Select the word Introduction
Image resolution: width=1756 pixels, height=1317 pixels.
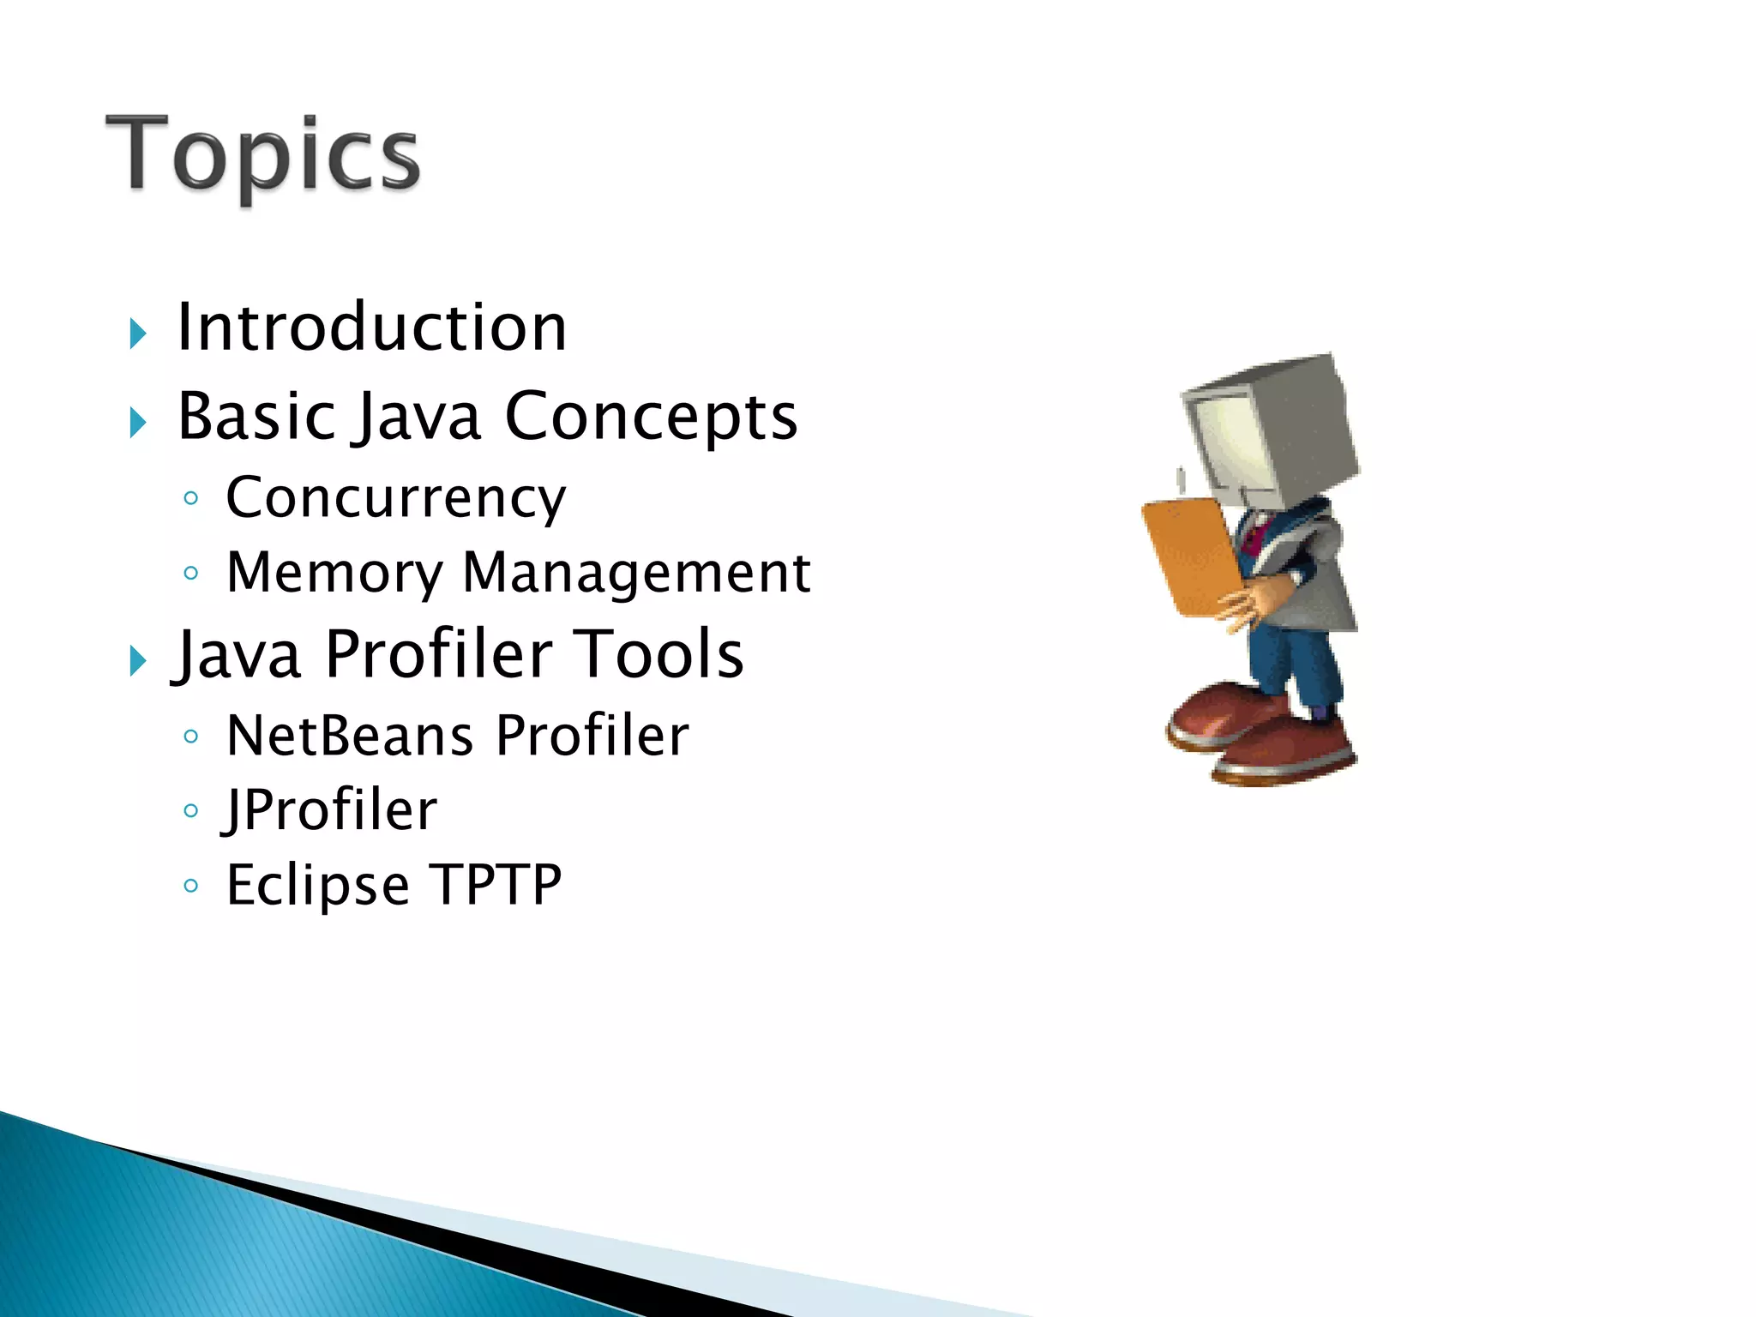click(371, 328)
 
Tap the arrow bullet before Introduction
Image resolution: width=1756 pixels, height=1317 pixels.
click(138, 334)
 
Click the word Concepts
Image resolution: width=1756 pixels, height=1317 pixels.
click(651, 418)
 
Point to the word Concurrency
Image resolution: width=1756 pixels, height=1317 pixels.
click(395, 497)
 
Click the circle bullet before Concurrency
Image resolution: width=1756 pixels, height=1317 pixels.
click(191, 498)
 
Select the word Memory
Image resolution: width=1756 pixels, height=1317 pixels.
click(334, 573)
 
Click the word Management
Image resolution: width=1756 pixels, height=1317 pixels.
click(636, 573)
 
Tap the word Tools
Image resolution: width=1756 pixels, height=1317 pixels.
click(658, 654)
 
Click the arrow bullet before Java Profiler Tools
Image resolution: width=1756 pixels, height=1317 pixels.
click(138, 661)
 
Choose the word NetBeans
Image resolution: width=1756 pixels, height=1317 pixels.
click(350, 736)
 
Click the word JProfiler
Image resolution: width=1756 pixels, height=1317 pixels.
click(331, 810)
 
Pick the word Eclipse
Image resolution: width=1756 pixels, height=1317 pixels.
click(317, 886)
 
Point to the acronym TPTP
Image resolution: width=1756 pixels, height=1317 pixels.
click(496, 884)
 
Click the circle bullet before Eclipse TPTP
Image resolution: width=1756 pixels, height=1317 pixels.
click(191, 885)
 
